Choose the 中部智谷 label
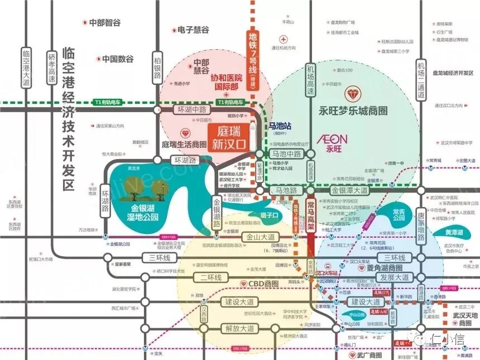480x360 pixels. [105, 23]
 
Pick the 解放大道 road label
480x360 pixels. [239, 328]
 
